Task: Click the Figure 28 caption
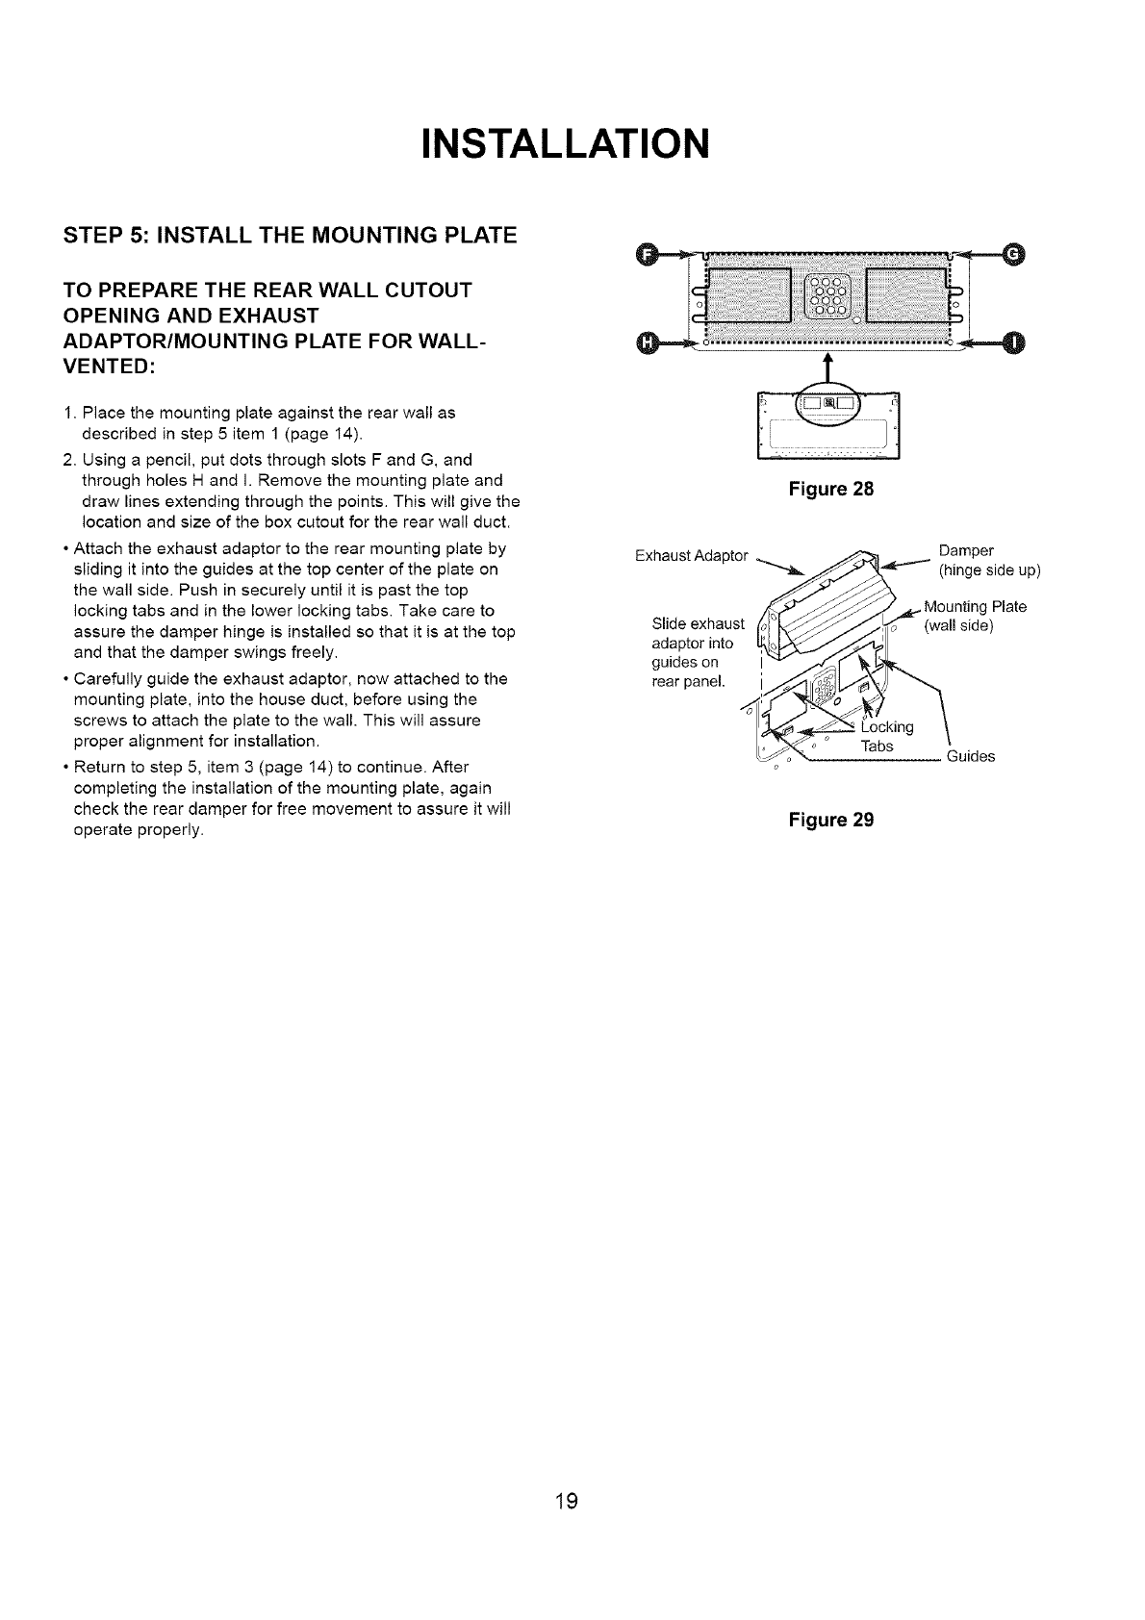[830, 489]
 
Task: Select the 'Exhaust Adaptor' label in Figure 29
[692, 556]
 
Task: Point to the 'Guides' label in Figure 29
[971, 756]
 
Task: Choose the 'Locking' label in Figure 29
[888, 727]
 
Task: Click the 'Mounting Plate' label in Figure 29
[975, 607]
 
